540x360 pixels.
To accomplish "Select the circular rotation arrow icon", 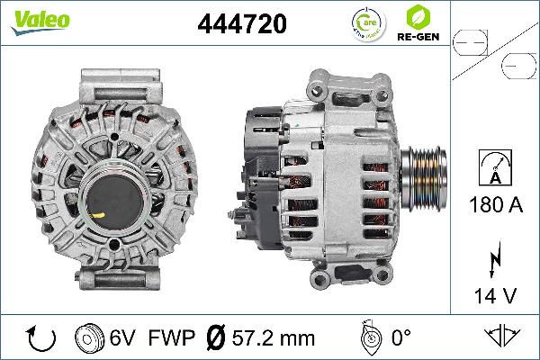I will pyautogui.click(x=41, y=338).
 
